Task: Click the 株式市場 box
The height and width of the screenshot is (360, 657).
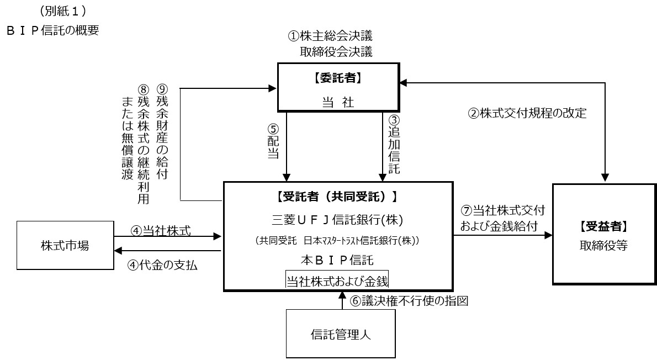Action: (x=65, y=246)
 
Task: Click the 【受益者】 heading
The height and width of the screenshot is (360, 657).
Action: (x=603, y=226)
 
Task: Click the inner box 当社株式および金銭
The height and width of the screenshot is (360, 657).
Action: (x=337, y=280)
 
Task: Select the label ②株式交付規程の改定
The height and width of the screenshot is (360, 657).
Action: (x=527, y=114)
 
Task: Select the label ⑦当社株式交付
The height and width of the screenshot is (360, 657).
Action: (x=502, y=210)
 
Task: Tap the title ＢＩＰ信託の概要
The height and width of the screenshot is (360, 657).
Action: (x=53, y=30)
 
